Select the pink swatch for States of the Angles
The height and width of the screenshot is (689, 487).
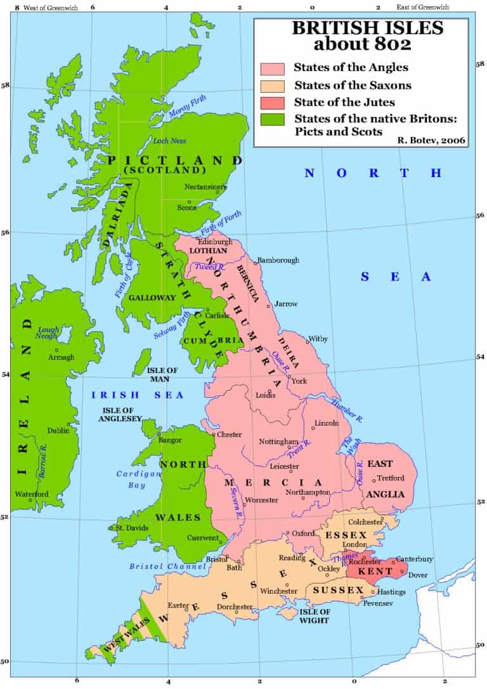[x=272, y=68]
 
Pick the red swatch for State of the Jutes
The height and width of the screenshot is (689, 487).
[x=272, y=102]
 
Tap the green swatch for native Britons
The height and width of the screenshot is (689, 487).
[x=272, y=119]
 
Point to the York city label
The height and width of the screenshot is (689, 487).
[x=299, y=381]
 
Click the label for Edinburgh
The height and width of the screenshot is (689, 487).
[x=212, y=242]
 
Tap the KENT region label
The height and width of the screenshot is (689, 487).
[x=372, y=572]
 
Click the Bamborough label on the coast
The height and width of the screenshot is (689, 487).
[x=278, y=261]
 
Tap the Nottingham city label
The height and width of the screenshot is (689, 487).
[x=278, y=442]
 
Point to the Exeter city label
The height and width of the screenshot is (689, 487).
[x=178, y=606]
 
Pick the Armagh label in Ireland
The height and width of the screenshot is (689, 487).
[x=61, y=357]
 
